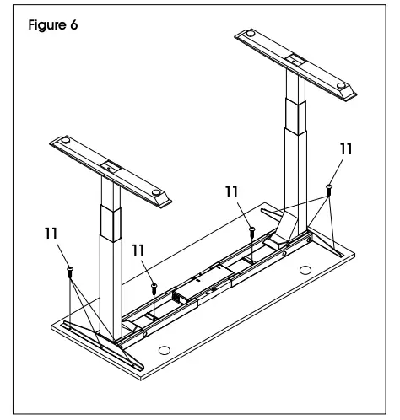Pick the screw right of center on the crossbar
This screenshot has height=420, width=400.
[x=251, y=231]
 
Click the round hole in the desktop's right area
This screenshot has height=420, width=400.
[x=305, y=271]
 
